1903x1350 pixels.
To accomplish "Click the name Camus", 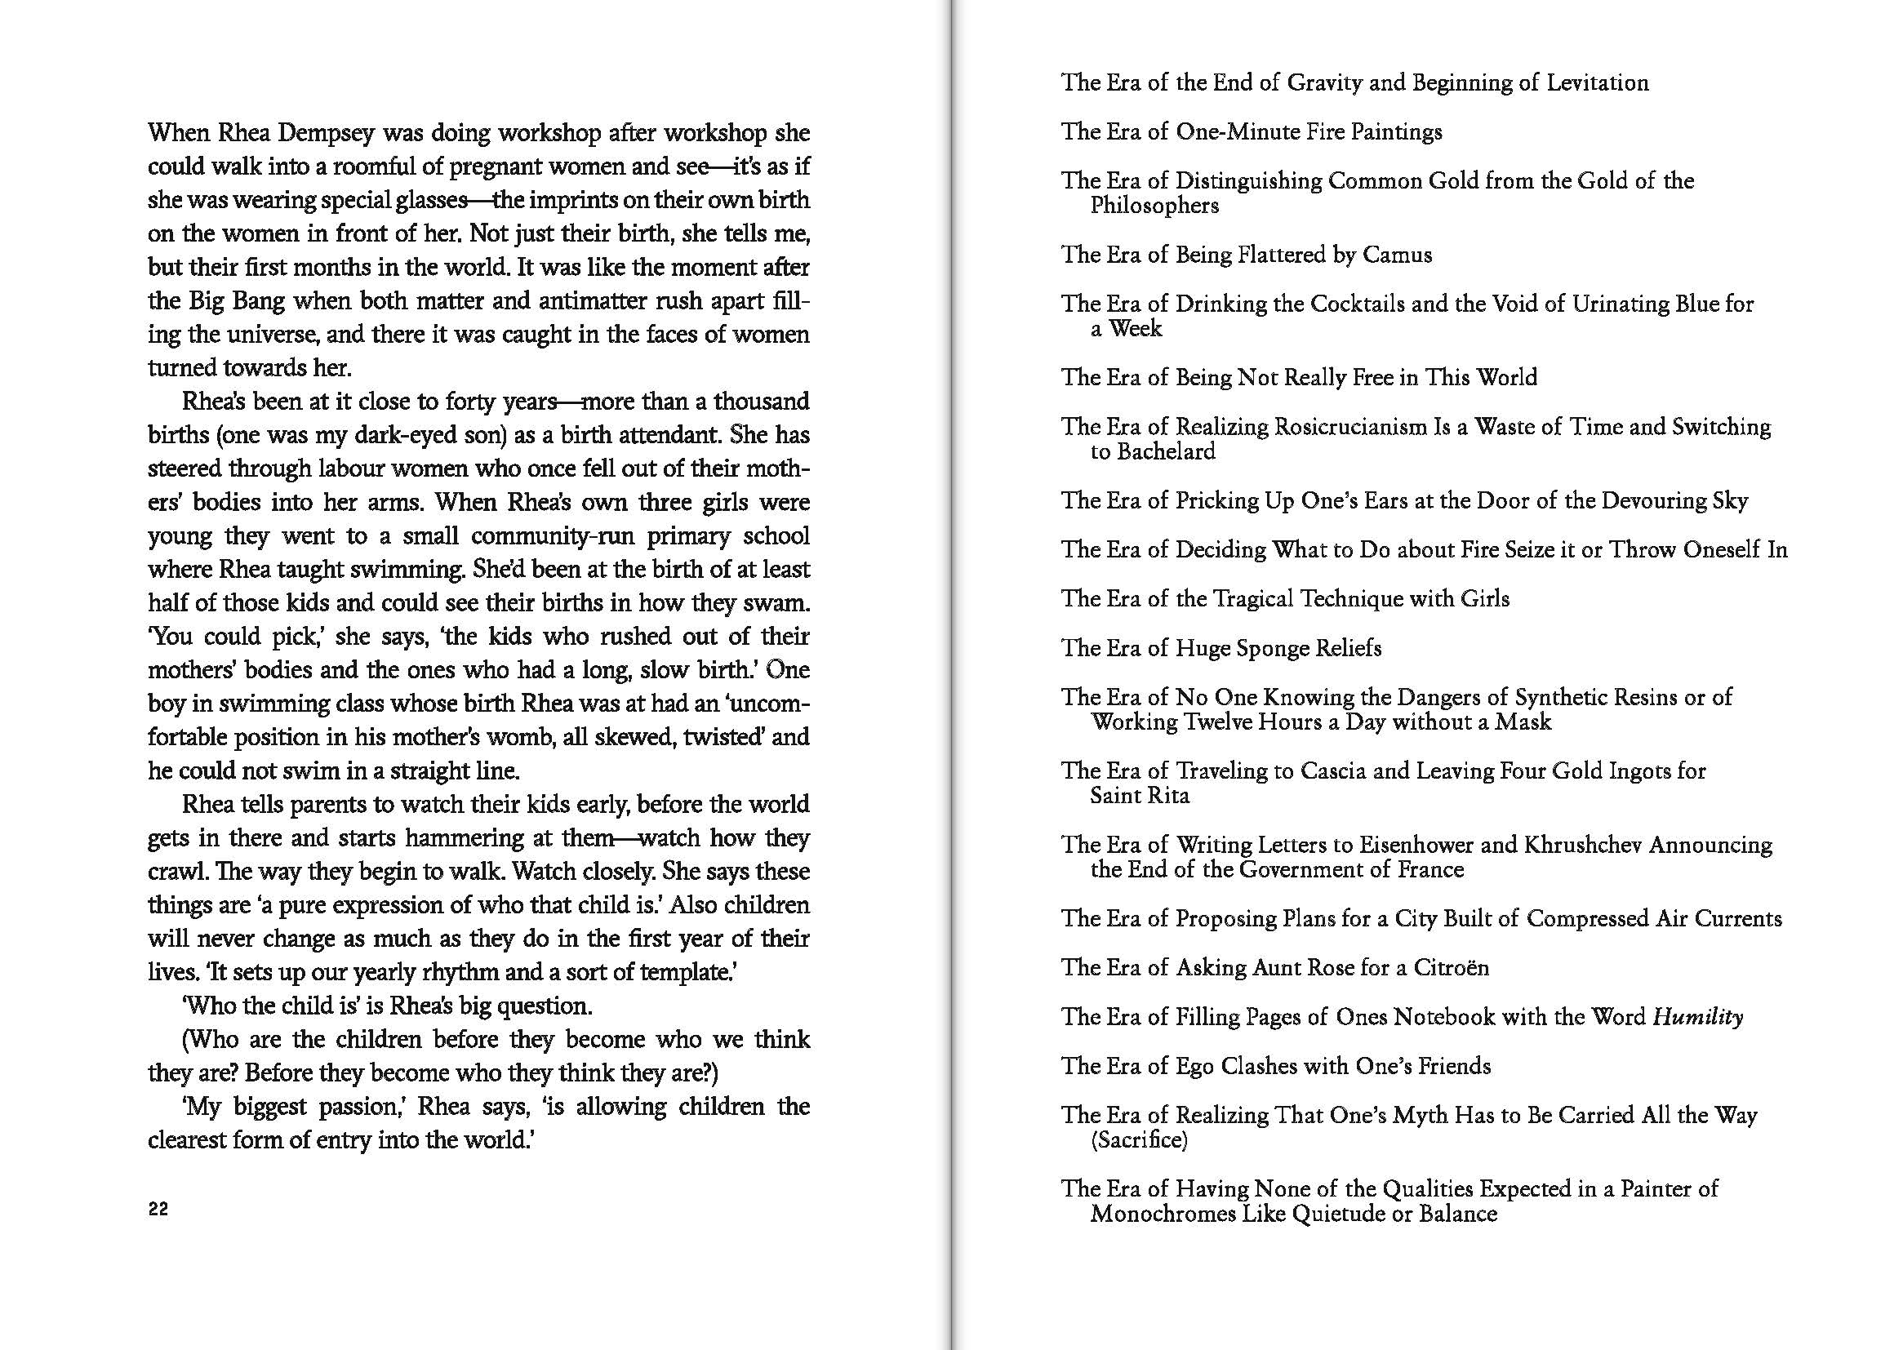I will tap(1397, 255).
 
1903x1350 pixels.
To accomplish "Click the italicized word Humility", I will tap(1697, 1017).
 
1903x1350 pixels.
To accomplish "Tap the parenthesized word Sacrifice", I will tap(1139, 1139).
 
